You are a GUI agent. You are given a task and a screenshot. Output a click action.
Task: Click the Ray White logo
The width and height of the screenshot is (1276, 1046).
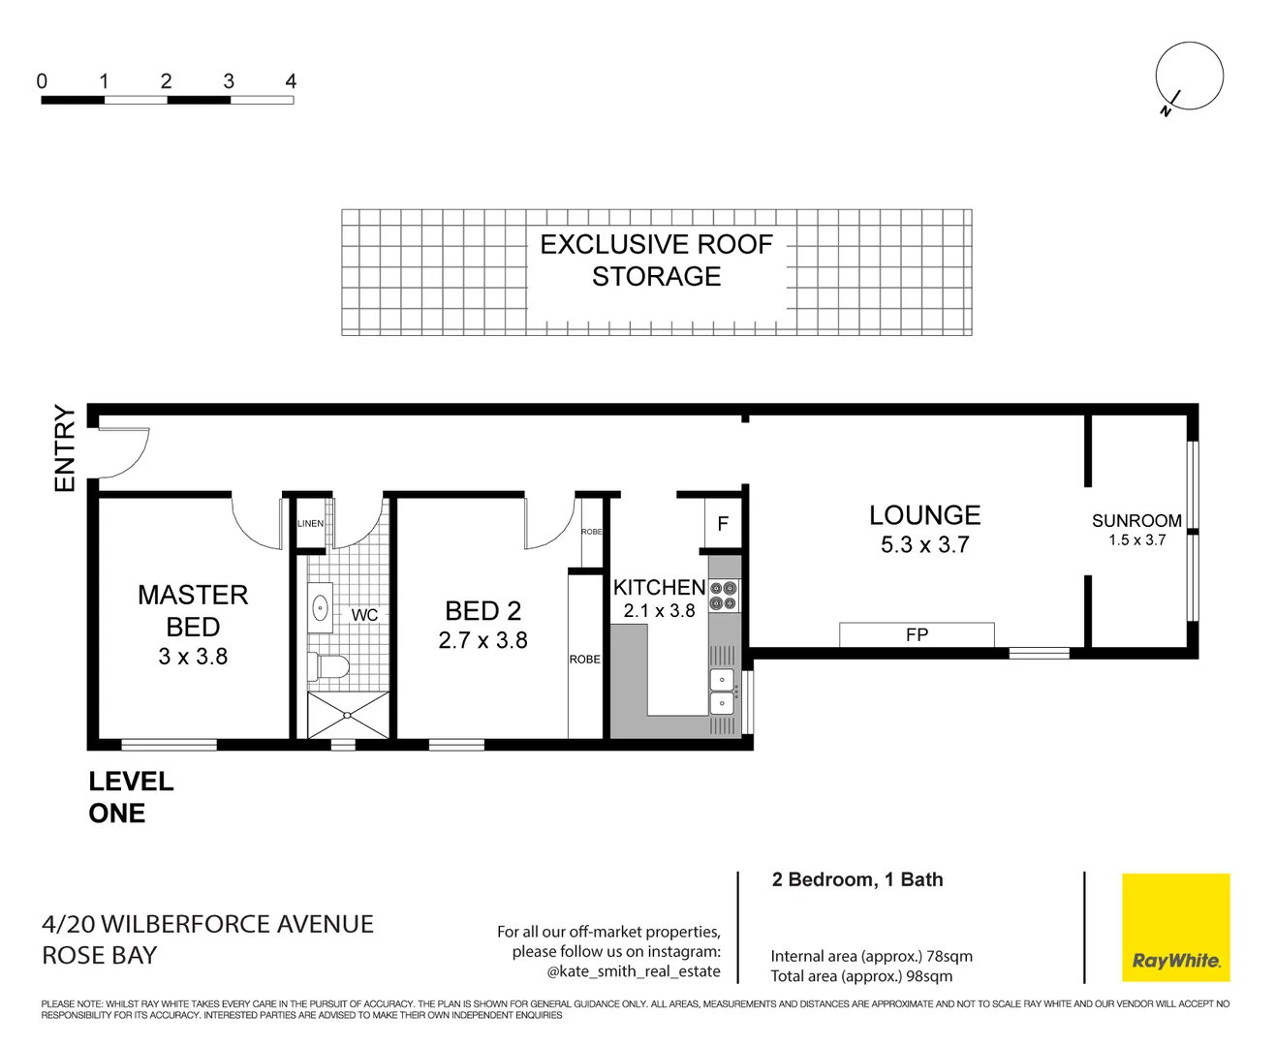(1175, 927)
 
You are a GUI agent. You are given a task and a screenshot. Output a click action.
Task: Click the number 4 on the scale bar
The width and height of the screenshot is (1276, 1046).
(291, 81)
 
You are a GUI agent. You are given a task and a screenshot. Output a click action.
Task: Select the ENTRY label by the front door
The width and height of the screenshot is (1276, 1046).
(64, 448)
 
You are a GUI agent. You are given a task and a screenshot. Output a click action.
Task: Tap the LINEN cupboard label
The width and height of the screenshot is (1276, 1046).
(310, 524)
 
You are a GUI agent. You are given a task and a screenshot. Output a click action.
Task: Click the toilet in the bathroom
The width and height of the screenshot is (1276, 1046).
(328, 666)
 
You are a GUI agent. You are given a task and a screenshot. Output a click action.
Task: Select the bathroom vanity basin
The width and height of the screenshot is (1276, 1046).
(320, 608)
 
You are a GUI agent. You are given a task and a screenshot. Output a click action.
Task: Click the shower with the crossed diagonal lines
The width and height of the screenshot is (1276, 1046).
(348, 716)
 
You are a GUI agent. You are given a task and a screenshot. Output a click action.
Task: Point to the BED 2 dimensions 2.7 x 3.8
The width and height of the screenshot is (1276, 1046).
(482, 640)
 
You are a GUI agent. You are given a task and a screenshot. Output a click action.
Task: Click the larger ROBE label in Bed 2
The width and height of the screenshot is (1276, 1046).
(584, 660)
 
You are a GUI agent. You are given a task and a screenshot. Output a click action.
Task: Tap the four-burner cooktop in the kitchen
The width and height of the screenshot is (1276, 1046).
(723, 596)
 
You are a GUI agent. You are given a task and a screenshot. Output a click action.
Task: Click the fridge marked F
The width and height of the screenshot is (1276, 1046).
(723, 524)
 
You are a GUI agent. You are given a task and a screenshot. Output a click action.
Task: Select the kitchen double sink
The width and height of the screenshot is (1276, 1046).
(722, 692)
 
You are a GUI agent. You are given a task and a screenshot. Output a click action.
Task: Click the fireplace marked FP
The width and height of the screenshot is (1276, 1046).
(917, 634)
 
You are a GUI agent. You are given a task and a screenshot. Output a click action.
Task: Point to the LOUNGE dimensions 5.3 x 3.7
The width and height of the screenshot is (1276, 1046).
(924, 545)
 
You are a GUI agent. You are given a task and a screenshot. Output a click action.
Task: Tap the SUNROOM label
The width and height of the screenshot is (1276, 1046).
(1136, 521)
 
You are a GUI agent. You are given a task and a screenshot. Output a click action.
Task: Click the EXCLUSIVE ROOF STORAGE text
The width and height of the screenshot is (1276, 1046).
(656, 261)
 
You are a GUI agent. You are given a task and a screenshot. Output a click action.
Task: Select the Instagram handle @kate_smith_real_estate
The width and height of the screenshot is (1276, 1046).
(634, 971)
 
